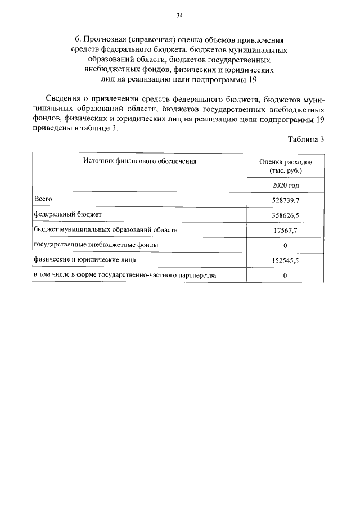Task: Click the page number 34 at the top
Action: (x=179, y=16)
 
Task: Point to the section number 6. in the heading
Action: (x=78, y=40)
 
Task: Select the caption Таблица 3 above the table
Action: (x=306, y=140)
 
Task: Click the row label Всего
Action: (x=43, y=199)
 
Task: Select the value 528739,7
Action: (x=285, y=200)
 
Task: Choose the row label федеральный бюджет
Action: (x=67, y=215)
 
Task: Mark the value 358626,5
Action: (x=285, y=215)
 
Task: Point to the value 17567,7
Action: (x=285, y=231)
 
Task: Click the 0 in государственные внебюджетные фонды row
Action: (x=285, y=246)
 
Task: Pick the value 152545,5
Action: (x=285, y=261)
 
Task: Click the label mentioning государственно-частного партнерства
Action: (x=125, y=276)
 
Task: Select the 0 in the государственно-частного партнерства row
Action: (x=285, y=276)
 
